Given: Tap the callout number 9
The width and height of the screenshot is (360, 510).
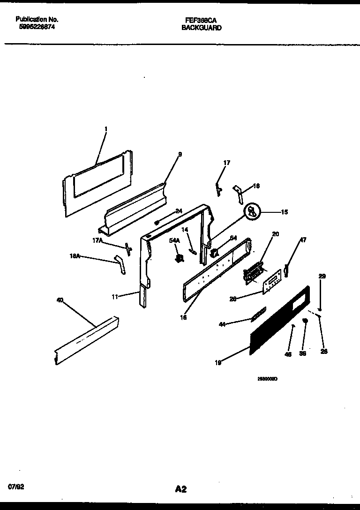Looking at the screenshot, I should (180, 154).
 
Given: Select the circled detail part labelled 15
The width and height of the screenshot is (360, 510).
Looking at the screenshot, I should (252, 212).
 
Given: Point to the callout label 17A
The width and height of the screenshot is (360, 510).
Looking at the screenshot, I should (98, 240).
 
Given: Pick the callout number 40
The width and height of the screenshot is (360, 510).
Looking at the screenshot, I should (60, 300).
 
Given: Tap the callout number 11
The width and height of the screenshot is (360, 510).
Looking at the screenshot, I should (115, 296).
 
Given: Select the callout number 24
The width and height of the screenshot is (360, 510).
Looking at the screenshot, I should (179, 211).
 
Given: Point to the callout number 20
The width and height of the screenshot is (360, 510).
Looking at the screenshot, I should (276, 234).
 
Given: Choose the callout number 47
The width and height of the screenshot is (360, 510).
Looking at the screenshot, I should (303, 240).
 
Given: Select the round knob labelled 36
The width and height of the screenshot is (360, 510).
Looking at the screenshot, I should (305, 321).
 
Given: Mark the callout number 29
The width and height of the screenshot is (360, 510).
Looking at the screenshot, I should (322, 277).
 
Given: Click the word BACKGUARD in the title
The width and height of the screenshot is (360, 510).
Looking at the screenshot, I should (202, 28).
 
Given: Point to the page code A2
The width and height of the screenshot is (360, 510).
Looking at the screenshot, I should (181, 489).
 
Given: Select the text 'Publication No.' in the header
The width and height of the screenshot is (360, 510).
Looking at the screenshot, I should (37, 19).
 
